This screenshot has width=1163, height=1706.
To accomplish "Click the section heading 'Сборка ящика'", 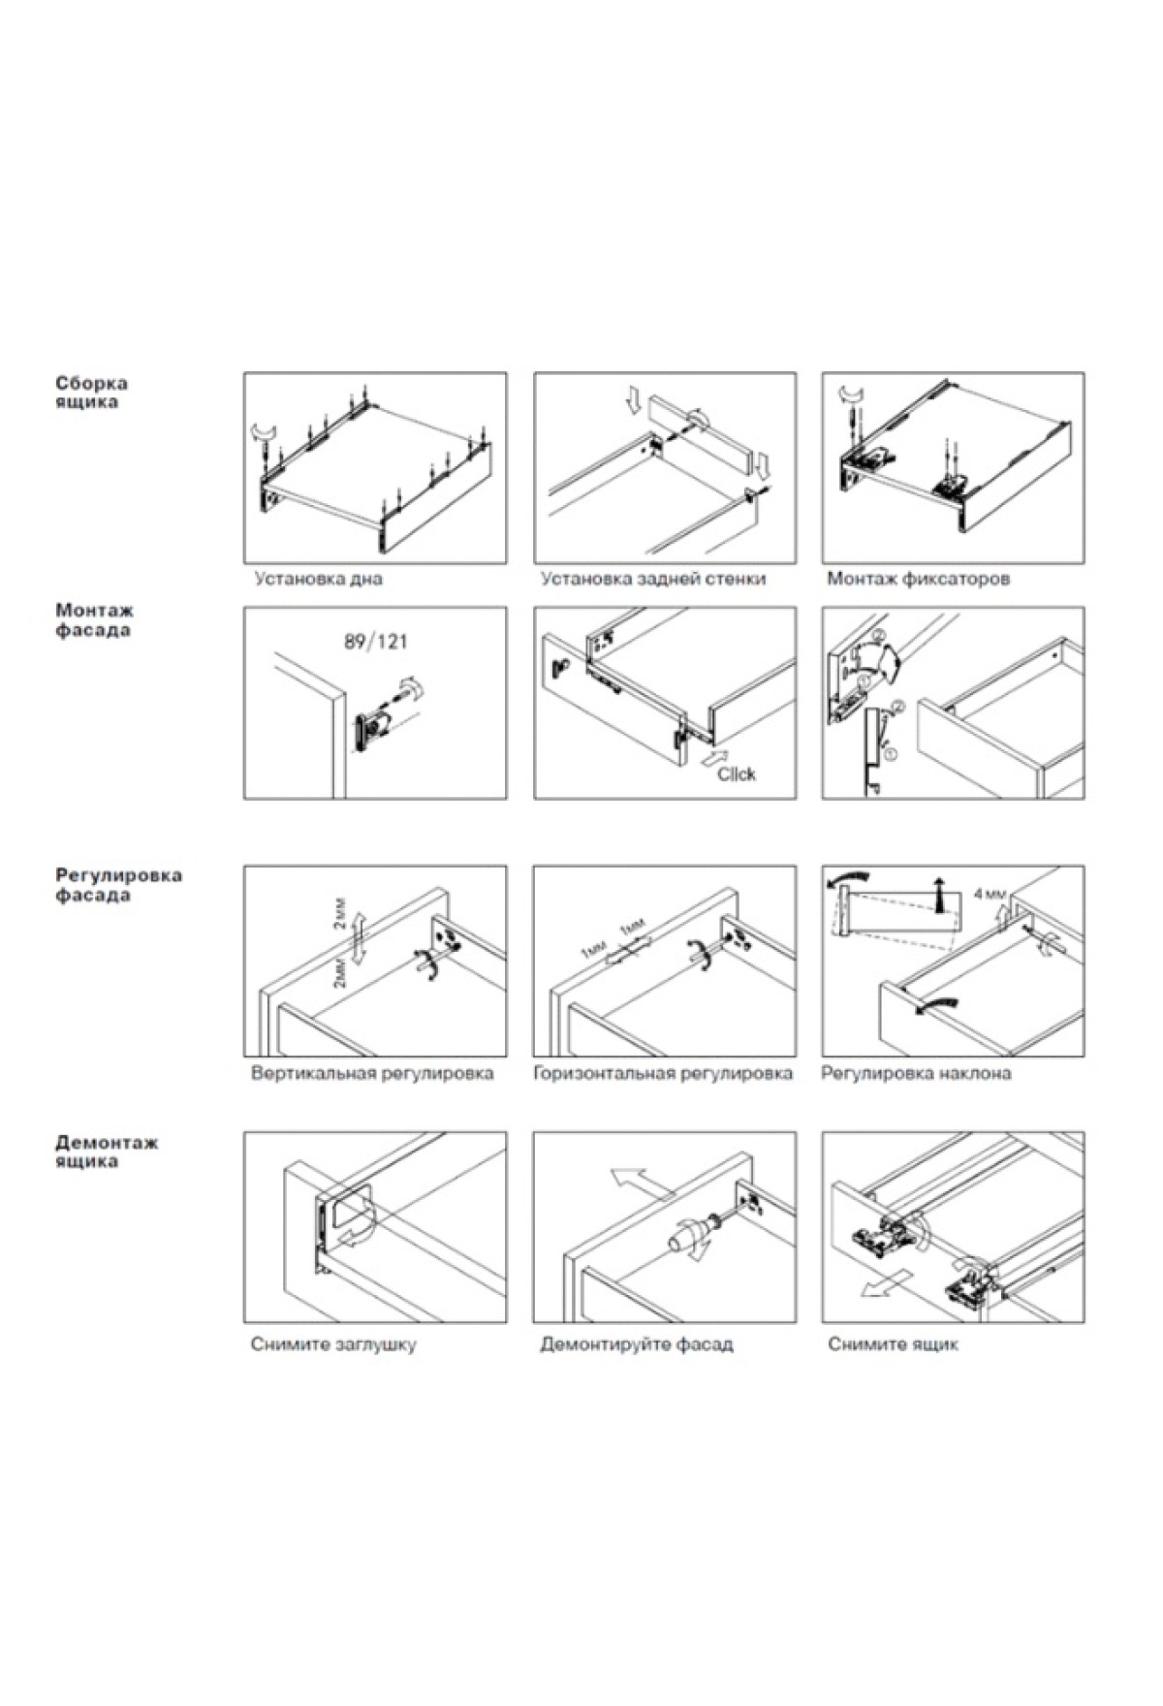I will click(91, 393).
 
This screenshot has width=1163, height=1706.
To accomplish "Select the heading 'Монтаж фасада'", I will click(94, 620).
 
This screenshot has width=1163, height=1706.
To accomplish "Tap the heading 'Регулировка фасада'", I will click(117, 885).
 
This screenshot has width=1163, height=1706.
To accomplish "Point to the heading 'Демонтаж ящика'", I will click(106, 1152).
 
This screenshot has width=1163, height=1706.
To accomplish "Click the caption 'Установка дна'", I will click(318, 580).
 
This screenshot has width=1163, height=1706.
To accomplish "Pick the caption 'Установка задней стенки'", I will click(652, 580).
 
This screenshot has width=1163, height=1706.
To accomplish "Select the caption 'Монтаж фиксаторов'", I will click(918, 580).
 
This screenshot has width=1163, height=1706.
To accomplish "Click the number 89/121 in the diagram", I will click(375, 642).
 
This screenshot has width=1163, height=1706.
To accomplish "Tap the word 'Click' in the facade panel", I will click(736, 774).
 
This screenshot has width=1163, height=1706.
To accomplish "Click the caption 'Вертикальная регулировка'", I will click(372, 1074).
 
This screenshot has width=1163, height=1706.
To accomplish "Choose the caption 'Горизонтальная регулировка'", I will click(663, 1074).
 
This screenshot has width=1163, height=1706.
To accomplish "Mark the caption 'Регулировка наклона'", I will click(916, 1074).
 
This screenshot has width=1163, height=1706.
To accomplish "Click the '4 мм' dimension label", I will click(990, 893).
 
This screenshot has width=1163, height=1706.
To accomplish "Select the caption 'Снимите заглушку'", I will click(333, 1345).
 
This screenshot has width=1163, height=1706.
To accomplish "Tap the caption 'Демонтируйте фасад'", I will click(637, 1345).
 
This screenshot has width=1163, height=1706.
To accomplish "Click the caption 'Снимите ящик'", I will click(893, 1345).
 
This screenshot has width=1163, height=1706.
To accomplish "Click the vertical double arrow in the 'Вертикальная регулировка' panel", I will click(357, 938).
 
